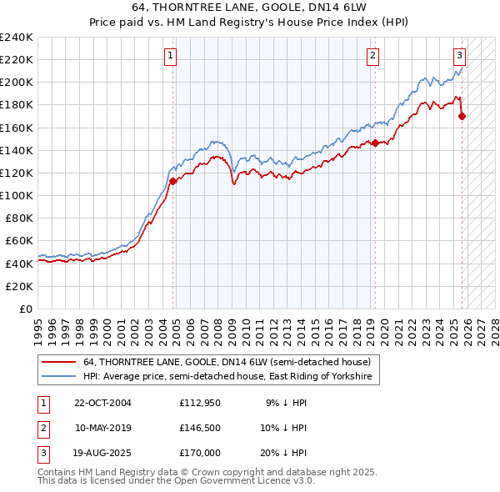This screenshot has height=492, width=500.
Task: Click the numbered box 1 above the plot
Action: point(170,56)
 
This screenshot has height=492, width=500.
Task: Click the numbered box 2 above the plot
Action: point(372,56)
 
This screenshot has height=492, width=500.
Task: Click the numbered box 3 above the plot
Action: point(459,56)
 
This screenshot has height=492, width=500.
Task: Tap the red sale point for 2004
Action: point(173,180)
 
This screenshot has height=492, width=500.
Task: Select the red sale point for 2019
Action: point(375,143)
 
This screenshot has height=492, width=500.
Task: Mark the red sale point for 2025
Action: point(462,116)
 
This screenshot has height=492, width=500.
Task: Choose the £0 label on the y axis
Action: point(25,309)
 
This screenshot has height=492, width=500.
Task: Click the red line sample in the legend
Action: point(59,363)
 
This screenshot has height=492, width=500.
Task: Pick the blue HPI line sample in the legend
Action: point(59,377)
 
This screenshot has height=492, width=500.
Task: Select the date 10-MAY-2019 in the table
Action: point(102,428)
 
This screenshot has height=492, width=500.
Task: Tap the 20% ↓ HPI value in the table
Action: point(287,453)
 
